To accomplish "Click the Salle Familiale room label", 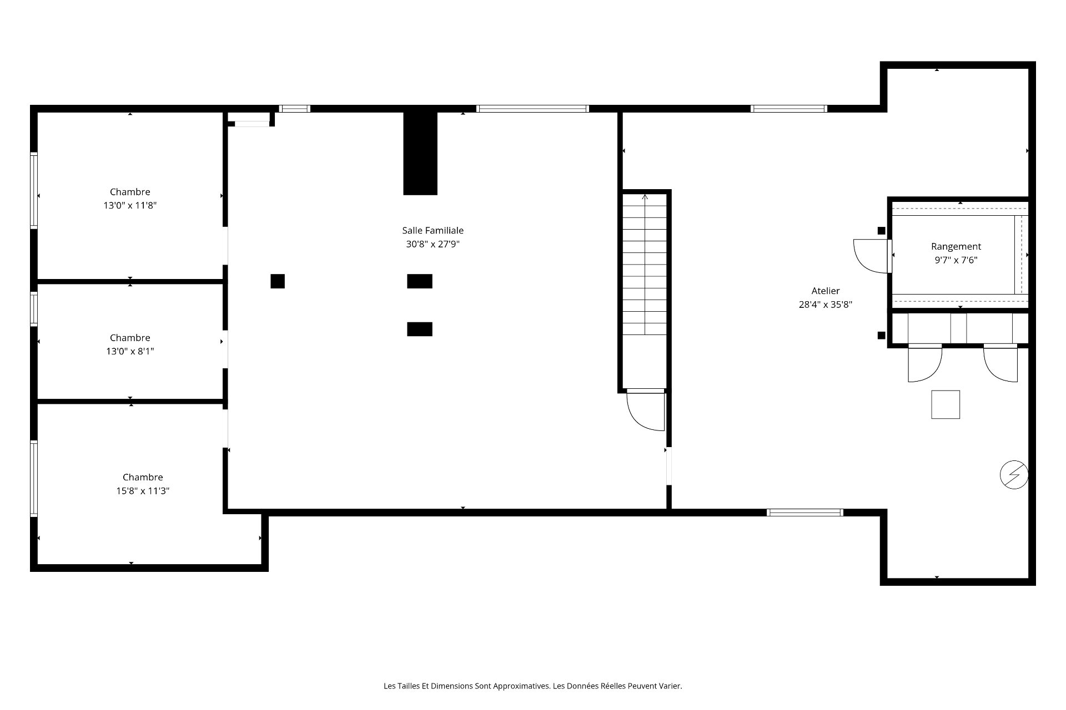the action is pos(433,230).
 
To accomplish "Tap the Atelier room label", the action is pos(825,291).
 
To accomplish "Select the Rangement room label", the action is pos(956,246).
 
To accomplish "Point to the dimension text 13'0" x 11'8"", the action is pos(130,205).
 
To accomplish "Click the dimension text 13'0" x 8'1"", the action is pos(130,351).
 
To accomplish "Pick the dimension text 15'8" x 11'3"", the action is pos(143,491).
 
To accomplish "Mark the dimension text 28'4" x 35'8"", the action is pos(825,305).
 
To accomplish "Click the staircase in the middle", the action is pos(645,265).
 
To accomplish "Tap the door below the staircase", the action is pos(646,410).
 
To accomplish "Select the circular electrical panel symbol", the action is pos(1014,475).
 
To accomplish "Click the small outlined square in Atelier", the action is pos(946,404).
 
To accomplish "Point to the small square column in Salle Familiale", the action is pos(278,281).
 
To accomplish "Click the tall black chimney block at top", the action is pos(420,153).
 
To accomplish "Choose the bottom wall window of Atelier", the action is pos(805,513).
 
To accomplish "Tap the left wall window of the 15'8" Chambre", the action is pos(34,479).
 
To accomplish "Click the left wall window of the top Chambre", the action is pos(34,190).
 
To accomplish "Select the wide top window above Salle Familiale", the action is pos(532,109).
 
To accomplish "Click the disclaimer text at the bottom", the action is pos(533,686).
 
